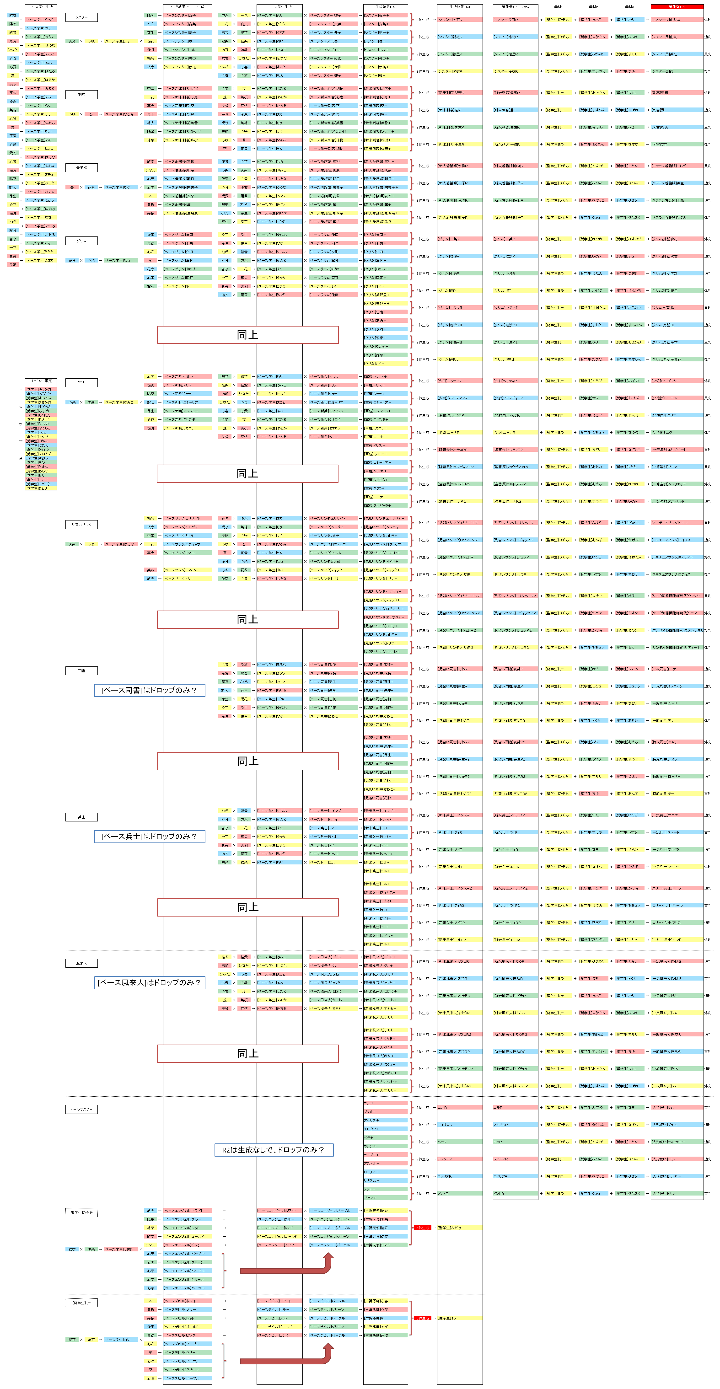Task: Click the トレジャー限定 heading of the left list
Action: [40, 381]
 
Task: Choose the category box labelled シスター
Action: [81, 17]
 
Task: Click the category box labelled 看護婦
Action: [81, 168]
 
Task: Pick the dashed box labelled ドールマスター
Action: [81, 1109]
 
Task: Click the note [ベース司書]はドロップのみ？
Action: [149, 690]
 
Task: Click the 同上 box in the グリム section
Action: [247, 335]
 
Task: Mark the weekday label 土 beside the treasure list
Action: [21, 476]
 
